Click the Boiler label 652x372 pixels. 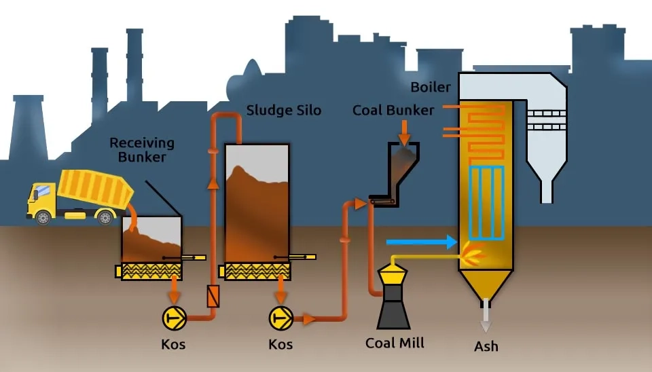[430, 87]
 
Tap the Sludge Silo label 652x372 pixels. [283, 110]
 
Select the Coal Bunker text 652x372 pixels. [393, 110]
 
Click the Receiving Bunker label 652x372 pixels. [142, 150]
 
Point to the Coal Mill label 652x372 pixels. [395, 343]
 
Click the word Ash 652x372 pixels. [486, 346]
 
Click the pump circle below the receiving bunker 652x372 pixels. [174, 317]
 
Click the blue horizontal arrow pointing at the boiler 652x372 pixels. [421, 241]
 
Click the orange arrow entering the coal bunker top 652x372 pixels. [404, 131]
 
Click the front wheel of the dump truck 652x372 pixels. [43, 217]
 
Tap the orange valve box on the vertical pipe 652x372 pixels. [213, 297]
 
